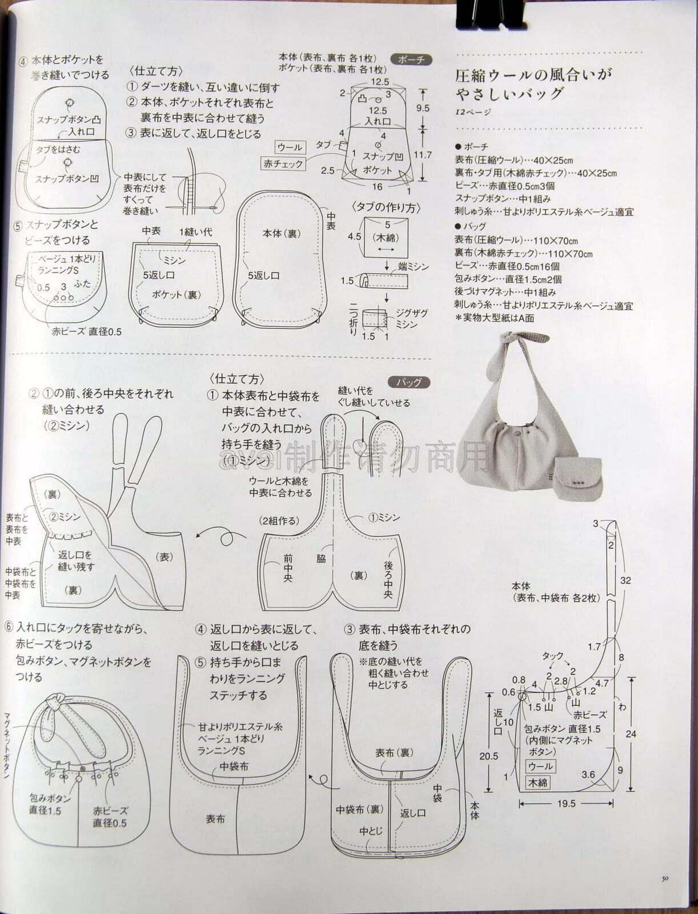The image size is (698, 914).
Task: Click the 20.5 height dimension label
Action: [488, 756]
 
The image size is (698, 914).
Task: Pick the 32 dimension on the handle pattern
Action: [625, 580]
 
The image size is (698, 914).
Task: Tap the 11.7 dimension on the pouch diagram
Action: [423, 154]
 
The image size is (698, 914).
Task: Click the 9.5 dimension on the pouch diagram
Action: [423, 107]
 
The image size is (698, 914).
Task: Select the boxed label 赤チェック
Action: [284, 163]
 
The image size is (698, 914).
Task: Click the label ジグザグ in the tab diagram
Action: [411, 314]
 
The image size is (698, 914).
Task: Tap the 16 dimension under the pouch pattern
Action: [377, 187]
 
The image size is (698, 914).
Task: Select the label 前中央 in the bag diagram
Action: [287, 568]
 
